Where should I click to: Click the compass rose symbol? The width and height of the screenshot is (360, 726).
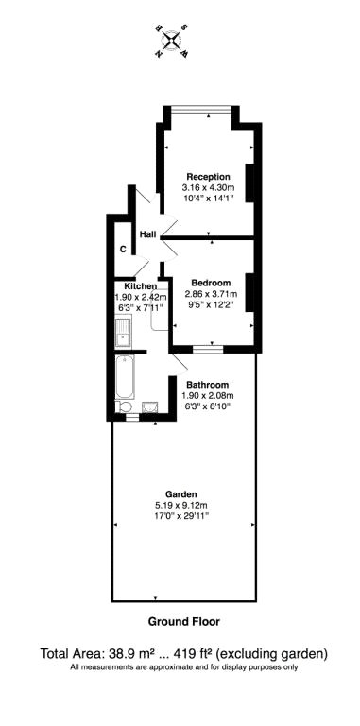(172, 42)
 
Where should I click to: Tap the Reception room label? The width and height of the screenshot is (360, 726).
(208, 177)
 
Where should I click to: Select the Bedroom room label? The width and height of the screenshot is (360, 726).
(211, 283)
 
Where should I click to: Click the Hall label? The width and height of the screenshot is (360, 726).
(148, 235)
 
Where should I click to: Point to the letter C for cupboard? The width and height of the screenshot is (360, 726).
(123, 250)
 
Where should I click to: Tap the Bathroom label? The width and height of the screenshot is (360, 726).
(208, 385)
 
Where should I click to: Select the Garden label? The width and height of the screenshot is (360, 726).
(182, 493)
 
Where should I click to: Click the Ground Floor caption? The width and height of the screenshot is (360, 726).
(183, 622)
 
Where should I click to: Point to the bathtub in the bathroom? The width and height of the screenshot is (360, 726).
(125, 377)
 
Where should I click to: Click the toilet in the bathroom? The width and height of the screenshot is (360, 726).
(124, 407)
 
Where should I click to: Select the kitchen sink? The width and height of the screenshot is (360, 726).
(124, 331)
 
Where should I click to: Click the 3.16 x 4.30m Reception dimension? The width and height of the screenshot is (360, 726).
(209, 188)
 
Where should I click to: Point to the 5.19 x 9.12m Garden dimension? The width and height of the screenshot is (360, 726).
(182, 505)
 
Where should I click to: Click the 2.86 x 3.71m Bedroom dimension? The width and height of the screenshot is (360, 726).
(211, 294)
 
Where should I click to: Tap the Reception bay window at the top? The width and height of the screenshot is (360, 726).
(201, 110)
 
